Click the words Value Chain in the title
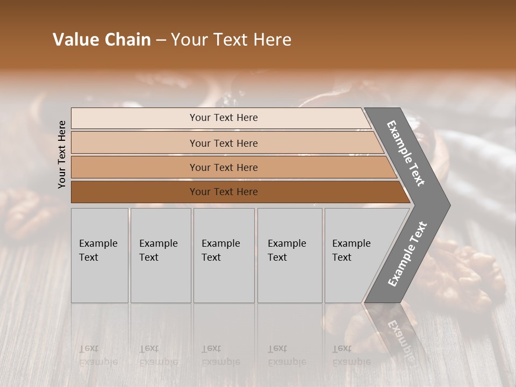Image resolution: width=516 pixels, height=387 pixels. click(x=102, y=40)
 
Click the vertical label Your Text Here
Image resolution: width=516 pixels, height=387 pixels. click(x=62, y=154)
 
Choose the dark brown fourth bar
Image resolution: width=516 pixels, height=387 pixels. click(x=134, y=192)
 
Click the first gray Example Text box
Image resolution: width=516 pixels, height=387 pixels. click(x=99, y=255)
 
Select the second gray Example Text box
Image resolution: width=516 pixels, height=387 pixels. click(x=161, y=255)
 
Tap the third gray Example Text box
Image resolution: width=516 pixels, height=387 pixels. click(x=224, y=255)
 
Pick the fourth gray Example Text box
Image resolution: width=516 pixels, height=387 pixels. click(x=290, y=255)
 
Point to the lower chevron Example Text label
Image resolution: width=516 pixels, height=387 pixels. click(x=407, y=254)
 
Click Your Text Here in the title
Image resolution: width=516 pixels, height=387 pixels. click(x=231, y=40)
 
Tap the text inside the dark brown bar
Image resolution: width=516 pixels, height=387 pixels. click(x=224, y=192)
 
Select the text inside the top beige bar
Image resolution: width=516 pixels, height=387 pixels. click(x=224, y=118)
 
